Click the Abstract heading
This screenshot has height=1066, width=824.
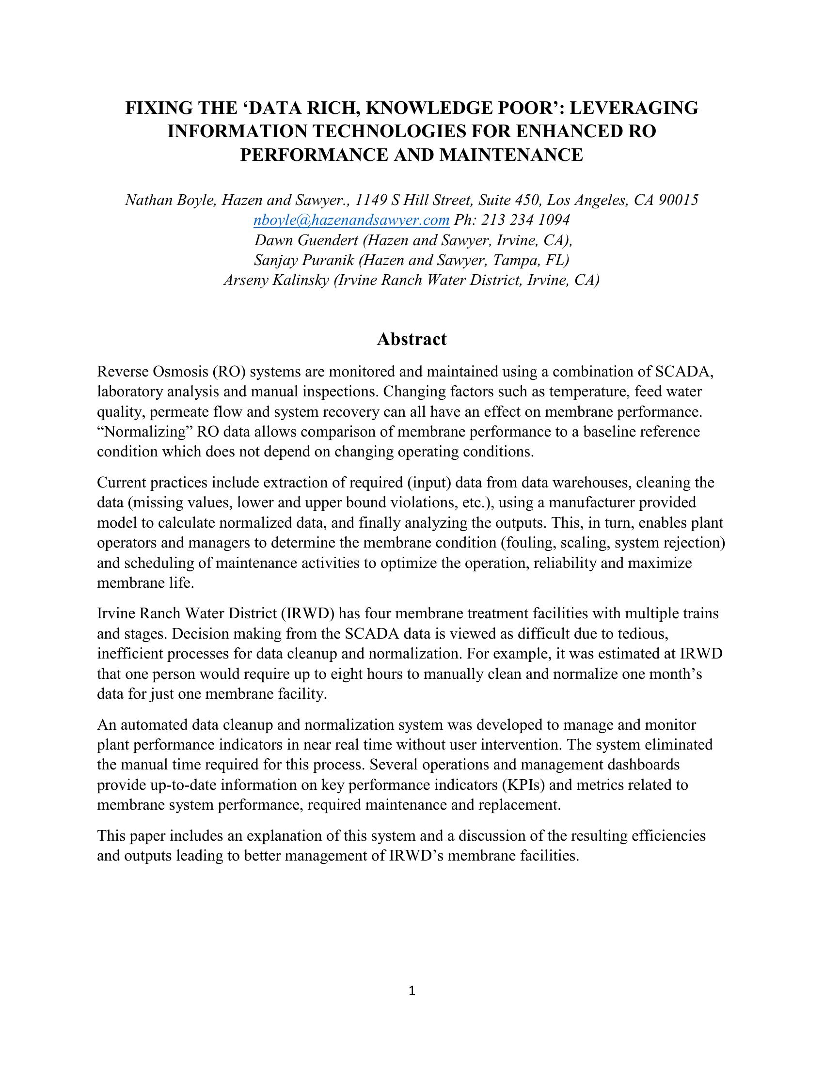[x=412, y=339]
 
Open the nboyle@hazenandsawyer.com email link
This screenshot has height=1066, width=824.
[x=351, y=220]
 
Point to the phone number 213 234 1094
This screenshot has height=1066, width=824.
[x=525, y=220]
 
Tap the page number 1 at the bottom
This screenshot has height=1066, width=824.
[x=412, y=991]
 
